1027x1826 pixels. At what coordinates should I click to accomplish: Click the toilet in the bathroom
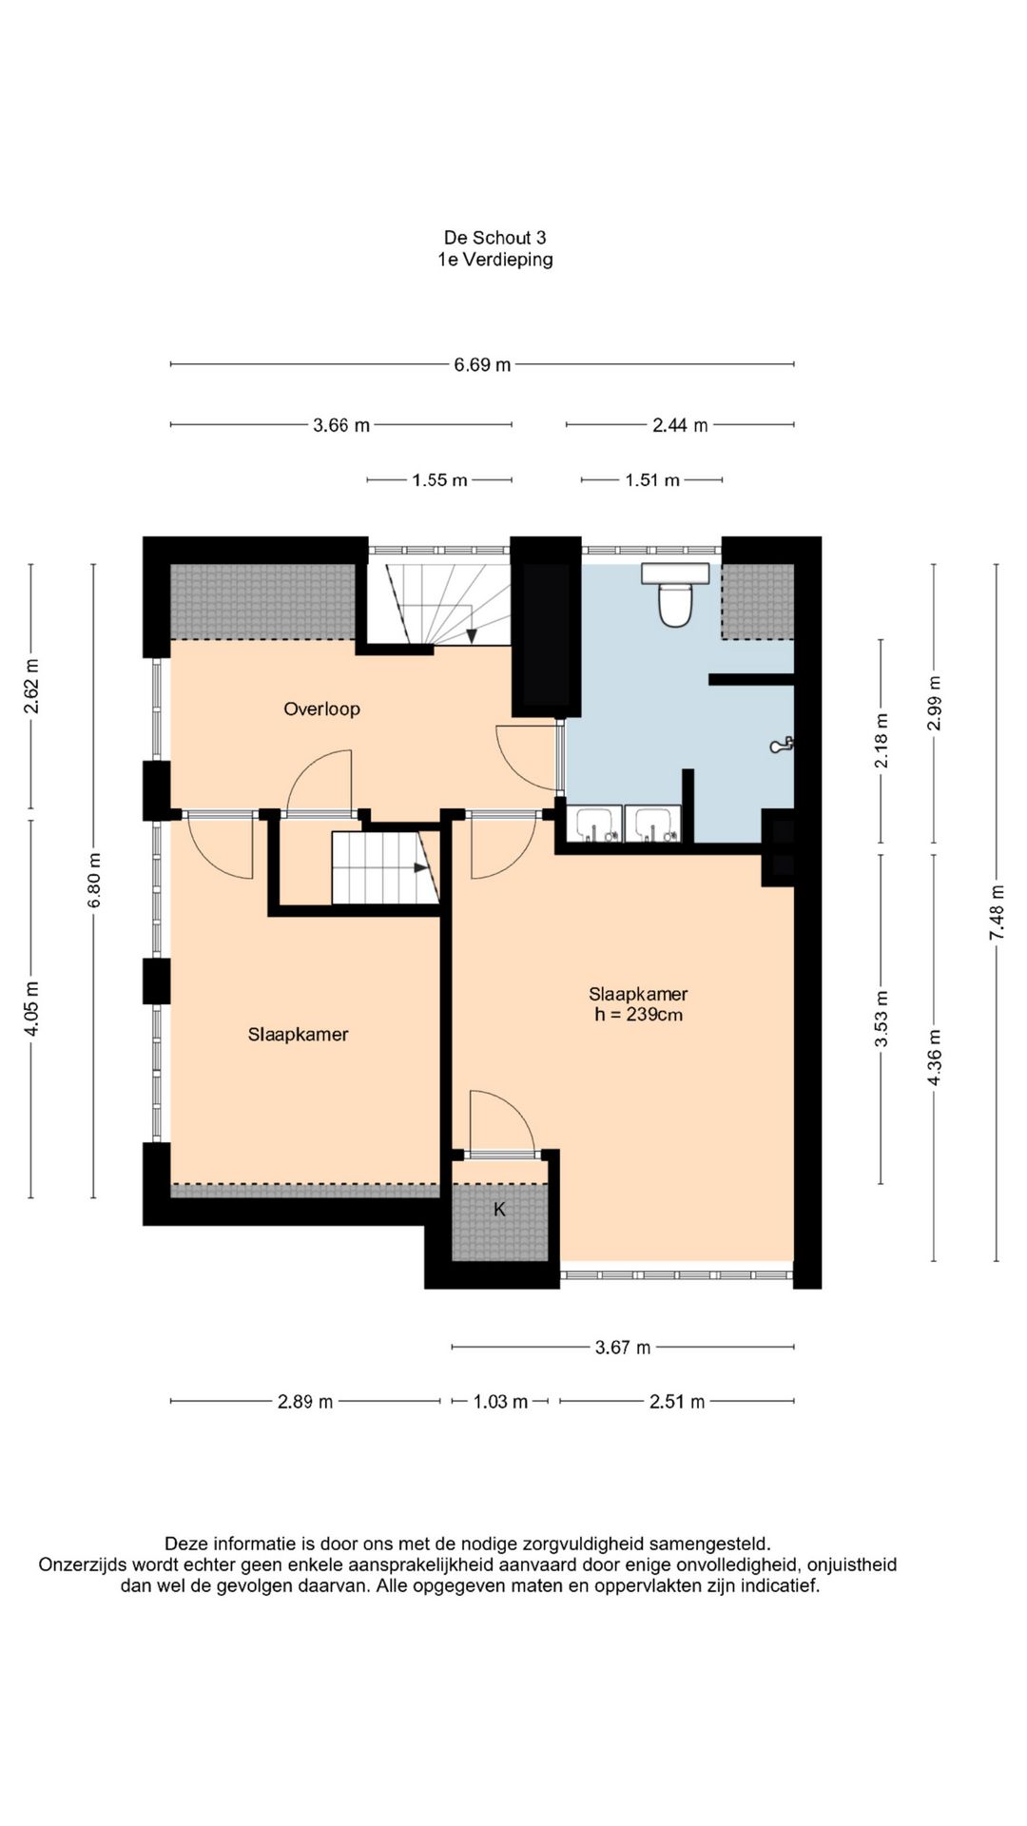click(x=675, y=595)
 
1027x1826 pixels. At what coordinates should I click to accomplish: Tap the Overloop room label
click(x=321, y=709)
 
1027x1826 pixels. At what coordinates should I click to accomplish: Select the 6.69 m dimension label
click(x=482, y=364)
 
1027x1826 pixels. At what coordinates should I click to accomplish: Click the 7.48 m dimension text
click(x=997, y=913)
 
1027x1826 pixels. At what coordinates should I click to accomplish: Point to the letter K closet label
click(x=499, y=1210)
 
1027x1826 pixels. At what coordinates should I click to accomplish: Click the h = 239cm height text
click(x=638, y=1015)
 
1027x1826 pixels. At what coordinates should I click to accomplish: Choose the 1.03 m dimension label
click(x=500, y=1402)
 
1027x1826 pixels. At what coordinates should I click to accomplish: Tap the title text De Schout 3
click(x=494, y=238)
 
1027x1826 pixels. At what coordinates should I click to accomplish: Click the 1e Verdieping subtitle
click(x=494, y=260)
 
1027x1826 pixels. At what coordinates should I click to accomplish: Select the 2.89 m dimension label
click(x=305, y=1402)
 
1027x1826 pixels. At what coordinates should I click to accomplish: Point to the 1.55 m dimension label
click(x=439, y=481)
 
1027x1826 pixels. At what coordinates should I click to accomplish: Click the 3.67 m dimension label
click(x=623, y=1348)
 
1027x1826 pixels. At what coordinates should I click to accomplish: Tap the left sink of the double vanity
click(x=593, y=824)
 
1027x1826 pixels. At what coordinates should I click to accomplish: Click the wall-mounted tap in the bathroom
click(x=782, y=746)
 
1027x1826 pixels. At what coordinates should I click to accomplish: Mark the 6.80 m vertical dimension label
click(x=93, y=880)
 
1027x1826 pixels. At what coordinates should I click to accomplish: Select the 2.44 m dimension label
click(x=680, y=426)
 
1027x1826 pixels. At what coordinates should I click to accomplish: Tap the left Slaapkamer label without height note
click(x=298, y=1035)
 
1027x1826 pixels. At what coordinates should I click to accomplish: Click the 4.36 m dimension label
click(x=934, y=1058)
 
